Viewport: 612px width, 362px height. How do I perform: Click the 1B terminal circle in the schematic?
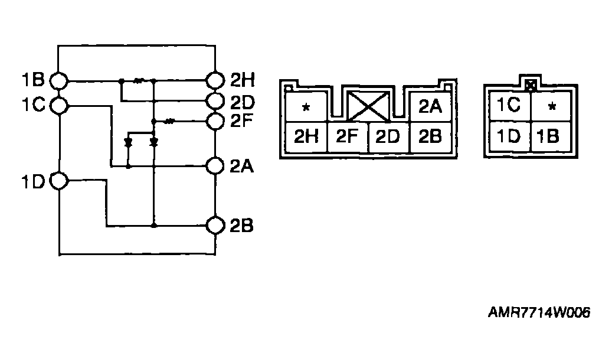(60, 80)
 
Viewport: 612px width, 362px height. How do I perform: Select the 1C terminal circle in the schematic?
(60, 105)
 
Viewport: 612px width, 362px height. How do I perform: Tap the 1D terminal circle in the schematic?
(60, 180)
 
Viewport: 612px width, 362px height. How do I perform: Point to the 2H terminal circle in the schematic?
(216, 80)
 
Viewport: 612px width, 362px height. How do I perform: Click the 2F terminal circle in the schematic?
(216, 121)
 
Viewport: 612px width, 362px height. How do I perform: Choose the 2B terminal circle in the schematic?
(216, 226)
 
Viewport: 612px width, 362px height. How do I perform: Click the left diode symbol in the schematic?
(128, 142)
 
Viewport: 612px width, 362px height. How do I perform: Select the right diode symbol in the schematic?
(154, 142)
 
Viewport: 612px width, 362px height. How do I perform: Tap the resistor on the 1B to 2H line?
(139, 80)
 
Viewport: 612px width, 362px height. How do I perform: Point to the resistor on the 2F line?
(170, 121)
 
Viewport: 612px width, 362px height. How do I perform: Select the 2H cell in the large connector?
(306, 137)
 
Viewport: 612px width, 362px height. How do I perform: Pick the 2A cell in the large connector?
(430, 106)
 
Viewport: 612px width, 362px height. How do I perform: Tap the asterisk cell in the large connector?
(306, 107)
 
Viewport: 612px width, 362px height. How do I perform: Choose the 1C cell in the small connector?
(508, 106)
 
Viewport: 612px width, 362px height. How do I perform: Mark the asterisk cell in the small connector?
(551, 107)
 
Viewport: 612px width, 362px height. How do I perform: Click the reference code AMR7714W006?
(539, 313)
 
